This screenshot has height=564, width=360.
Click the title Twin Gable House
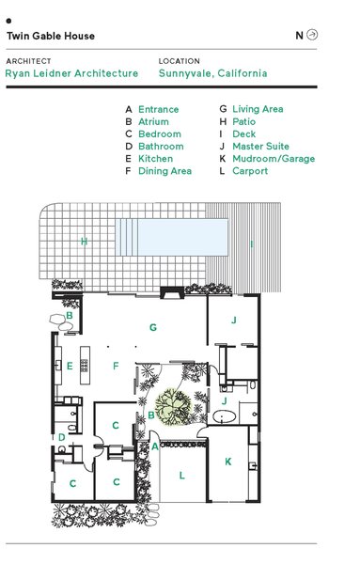click(x=51, y=36)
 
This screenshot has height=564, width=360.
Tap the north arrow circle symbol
click(x=312, y=35)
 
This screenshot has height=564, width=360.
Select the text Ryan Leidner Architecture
click(x=71, y=73)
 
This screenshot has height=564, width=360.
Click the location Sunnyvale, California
click(x=213, y=73)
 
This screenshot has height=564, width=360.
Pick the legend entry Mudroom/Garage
click(x=274, y=159)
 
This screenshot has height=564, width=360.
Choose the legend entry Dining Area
click(x=164, y=171)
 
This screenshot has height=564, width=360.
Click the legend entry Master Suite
click(x=260, y=147)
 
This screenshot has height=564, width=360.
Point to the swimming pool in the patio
click(x=172, y=238)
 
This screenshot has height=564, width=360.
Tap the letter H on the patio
click(x=84, y=242)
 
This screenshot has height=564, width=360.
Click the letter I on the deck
click(x=251, y=244)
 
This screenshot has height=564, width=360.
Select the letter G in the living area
click(x=153, y=328)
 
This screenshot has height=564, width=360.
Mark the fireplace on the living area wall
click(x=172, y=292)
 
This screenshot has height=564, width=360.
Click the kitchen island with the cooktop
click(x=86, y=365)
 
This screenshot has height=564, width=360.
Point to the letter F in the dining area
click(x=116, y=367)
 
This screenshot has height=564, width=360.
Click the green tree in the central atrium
click(x=173, y=406)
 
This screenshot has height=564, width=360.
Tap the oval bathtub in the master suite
click(x=224, y=416)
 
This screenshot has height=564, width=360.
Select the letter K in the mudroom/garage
click(x=228, y=462)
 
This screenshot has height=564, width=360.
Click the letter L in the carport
click(x=182, y=476)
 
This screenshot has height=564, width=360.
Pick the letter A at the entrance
click(x=155, y=446)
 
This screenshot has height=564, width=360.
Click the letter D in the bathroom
click(x=62, y=437)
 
